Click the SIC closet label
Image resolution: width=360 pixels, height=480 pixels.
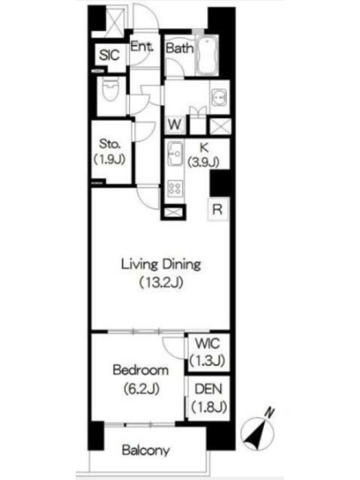(x=109, y=55)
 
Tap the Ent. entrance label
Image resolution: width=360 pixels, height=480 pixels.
(x=142, y=47)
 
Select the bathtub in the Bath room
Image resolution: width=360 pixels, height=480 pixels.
(x=207, y=55)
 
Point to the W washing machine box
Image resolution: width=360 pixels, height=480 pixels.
(x=175, y=125)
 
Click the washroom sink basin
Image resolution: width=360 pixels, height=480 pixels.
(x=219, y=98)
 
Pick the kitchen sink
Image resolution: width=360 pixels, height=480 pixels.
(x=176, y=154)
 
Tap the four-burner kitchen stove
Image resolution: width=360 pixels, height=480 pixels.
(x=176, y=188)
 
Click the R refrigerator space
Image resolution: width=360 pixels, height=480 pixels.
(x=218, y=209)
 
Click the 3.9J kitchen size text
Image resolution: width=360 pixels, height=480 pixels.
(x=203, y=162)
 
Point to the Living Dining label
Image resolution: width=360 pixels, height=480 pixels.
(x=161, y=265)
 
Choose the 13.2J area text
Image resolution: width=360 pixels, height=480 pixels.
(x=161, y=282)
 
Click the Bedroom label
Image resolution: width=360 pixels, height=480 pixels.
(x=140, y=370)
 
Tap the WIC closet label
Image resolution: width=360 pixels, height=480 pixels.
(x=208, y=343)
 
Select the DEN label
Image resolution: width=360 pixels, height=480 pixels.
(x=208, y=389)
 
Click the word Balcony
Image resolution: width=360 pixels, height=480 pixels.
(x=146, y=451)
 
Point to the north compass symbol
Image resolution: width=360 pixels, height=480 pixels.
(x=257, y=431)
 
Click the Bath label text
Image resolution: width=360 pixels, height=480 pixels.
(x=179, y=48)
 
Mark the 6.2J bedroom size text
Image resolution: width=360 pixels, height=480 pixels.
(x=142, y=389)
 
